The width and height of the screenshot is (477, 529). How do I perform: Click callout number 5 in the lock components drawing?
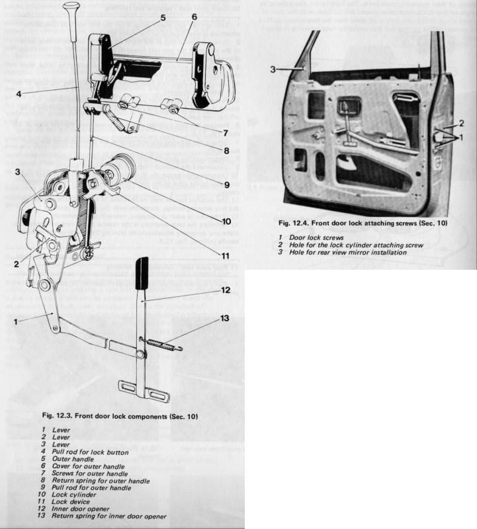click(163, 19)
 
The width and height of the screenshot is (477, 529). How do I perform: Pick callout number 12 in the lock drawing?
click(226, 289)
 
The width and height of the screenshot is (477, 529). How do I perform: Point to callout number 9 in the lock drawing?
click(226, 184)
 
